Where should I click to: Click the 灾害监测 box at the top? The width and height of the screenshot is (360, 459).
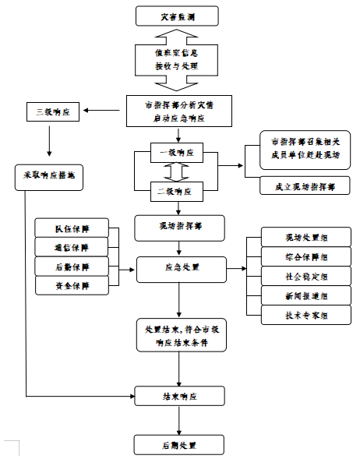tap(177, 15)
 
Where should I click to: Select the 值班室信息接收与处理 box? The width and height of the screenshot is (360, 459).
tap(177, 59)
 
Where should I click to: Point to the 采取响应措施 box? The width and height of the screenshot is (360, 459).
tap(49, 175)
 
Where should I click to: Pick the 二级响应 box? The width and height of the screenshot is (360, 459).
tap(177, 190)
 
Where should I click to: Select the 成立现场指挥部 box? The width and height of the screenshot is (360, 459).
tap(305, 187)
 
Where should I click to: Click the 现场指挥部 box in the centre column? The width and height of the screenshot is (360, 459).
tap(180, 227)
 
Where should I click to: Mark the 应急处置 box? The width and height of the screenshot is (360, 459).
tap(182, 267)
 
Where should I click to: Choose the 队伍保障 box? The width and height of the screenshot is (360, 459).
tap(72, 228)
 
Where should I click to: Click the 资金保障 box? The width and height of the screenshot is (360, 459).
tap(72, 286)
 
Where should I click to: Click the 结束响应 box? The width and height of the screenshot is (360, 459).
tap(180, 396)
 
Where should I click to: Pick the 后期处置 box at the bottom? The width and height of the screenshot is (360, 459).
tap(180, 445)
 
